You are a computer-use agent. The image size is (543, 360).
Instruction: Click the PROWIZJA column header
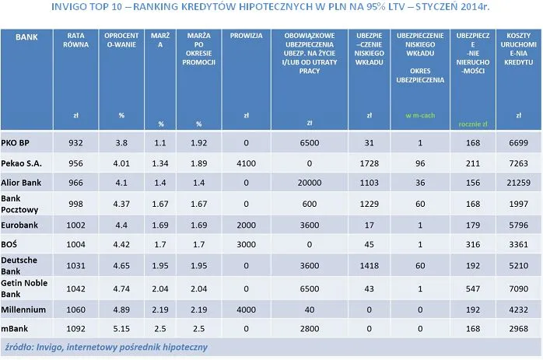pyautogui.click(x=245, y=37)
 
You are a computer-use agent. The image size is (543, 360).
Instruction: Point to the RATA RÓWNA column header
pyautogui.click(x=76, y=40)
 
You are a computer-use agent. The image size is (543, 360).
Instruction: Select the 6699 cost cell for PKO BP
pyautogui.click(x=517, y=143)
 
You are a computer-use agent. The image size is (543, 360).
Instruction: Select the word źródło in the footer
pyautogui.click(x=19, y=346)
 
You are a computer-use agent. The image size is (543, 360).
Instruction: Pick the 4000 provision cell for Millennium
pyautogui.click(x=245, y=309)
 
